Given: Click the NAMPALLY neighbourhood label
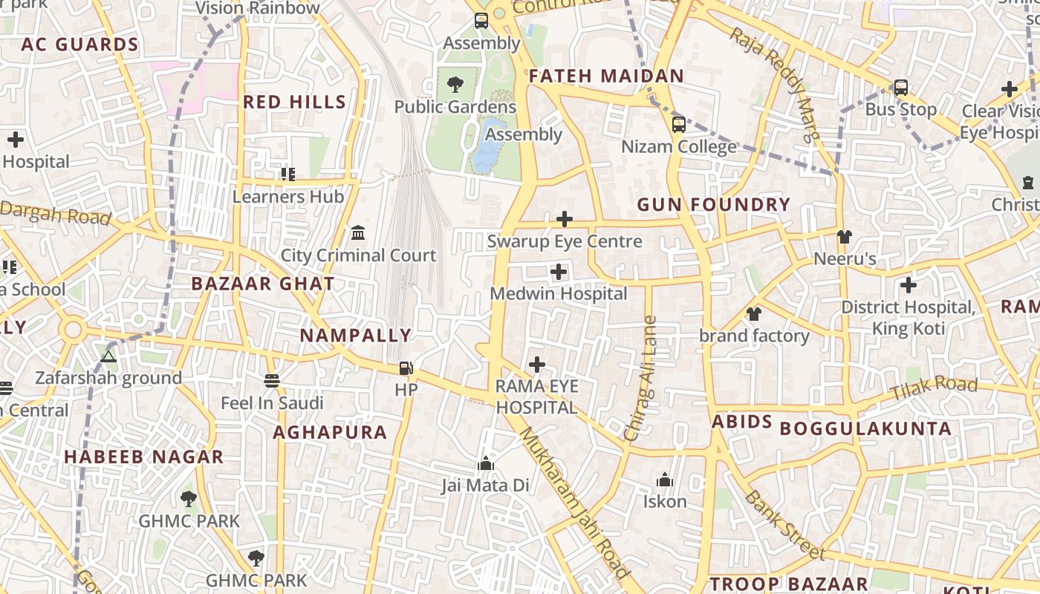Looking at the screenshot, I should (355, 336).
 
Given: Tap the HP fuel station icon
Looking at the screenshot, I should (406, 368).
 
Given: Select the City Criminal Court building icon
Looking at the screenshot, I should (358, 233).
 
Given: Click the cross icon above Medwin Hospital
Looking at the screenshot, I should (559, 272).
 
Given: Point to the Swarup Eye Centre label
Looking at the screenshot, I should (564, 241).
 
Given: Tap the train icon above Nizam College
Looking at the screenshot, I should (678, 125).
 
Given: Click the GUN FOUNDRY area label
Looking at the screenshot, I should (713, 205).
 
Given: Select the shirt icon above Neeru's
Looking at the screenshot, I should (845, 237).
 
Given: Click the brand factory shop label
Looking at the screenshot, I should (754, 336).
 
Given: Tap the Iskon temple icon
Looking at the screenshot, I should (665, 480).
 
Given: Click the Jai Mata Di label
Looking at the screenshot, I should (485, 486).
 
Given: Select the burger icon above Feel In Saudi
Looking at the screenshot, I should (272, 381).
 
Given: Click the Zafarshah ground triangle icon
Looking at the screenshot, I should (108, 357).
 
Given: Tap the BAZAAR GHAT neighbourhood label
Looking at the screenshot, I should (263, 284).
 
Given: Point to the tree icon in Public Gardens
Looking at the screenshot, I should (455, 85).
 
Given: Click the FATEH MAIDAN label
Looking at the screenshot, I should (605, 76).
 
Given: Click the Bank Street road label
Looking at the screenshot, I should (784, 524).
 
